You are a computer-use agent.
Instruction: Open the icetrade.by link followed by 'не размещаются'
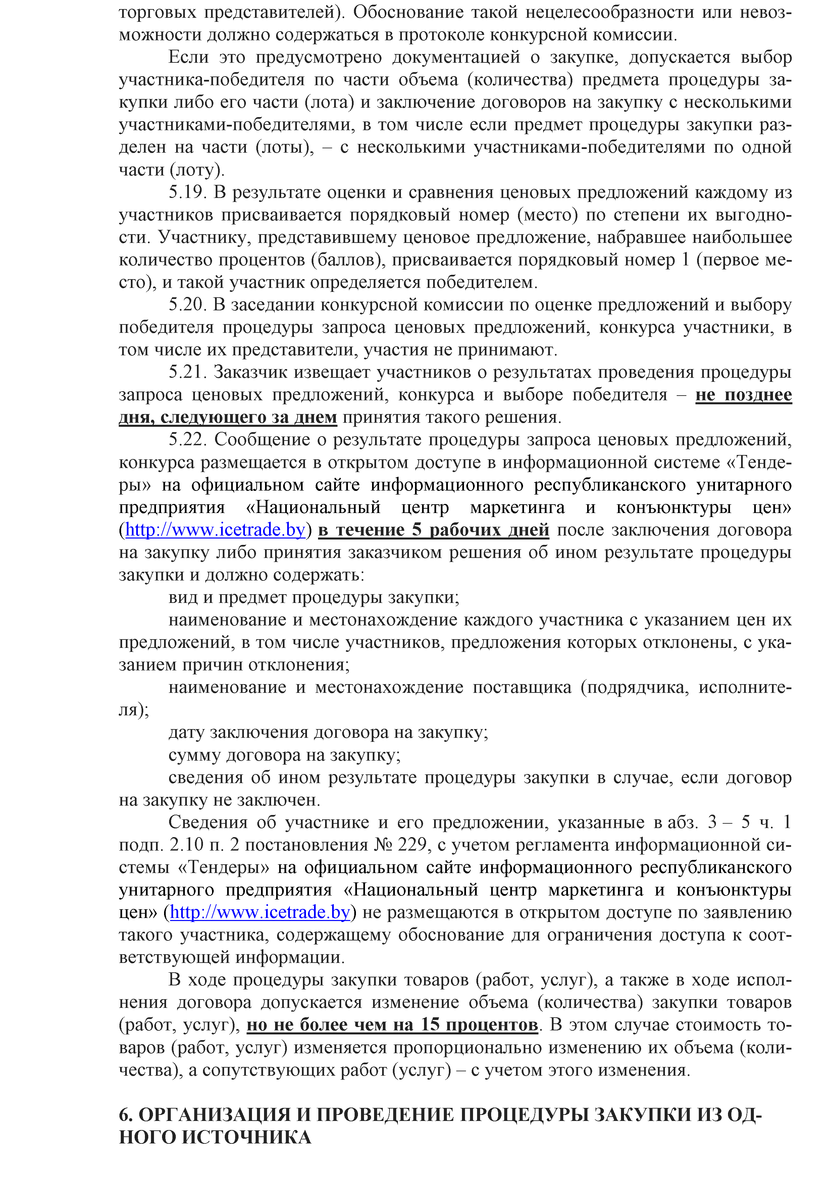point(260,913)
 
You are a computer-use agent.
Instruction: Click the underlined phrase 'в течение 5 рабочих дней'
point(434,530)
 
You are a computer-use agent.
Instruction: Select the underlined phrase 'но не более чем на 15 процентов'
point(392,1025)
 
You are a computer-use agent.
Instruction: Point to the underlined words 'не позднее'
point(743,395)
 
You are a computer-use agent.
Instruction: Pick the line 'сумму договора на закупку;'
point(284,755)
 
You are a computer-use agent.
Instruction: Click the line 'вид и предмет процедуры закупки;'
point(314,598)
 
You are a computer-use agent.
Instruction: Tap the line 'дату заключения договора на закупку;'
point(328,732)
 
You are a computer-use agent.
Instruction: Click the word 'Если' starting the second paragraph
point(188,57)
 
